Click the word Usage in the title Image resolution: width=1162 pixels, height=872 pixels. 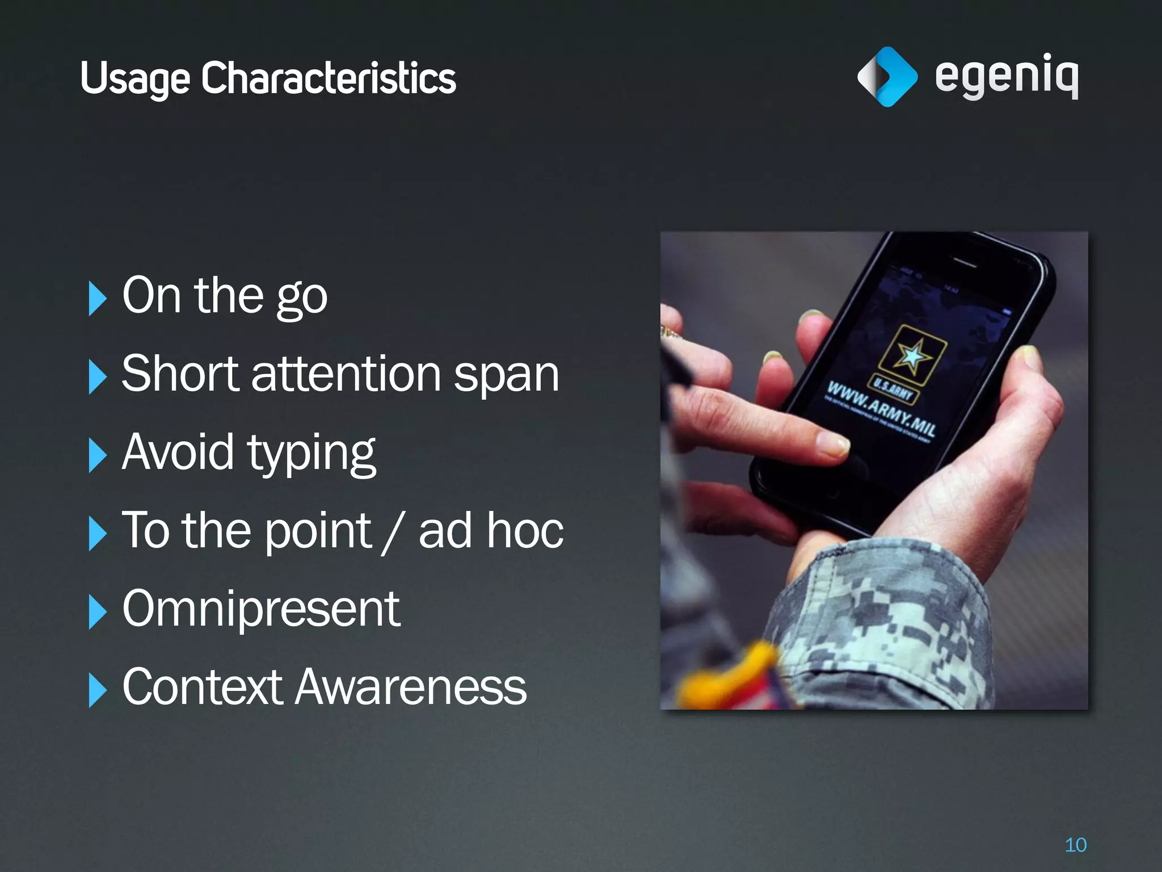pos(135,78)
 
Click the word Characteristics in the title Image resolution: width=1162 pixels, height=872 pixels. pos(329,78)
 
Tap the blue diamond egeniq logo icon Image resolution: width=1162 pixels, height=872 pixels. pos(887,77)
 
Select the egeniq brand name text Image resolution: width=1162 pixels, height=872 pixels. pos(1006,76)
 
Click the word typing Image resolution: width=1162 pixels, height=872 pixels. pos(311,454)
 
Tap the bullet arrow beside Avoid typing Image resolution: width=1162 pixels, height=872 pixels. pos(97,455)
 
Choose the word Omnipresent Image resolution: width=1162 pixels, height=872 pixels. pos(261,609)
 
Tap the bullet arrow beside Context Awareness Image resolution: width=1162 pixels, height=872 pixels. pos(97,690)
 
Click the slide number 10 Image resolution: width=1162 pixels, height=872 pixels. pos(1075,845)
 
